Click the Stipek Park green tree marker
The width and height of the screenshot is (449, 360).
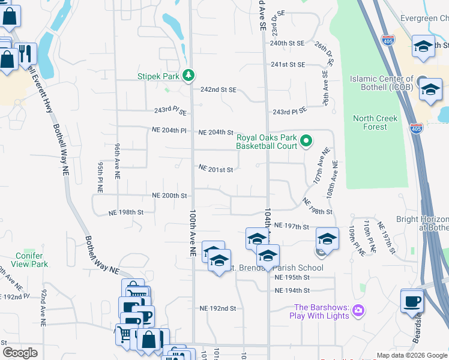pos(190,75)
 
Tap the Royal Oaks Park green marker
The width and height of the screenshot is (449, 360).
pos(306,142)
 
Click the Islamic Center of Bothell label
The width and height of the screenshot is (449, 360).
pos(381,83)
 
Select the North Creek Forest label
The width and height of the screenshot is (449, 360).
pos(375,122)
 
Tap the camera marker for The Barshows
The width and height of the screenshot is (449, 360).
pos(358,310)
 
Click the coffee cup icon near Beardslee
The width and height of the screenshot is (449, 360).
pos(412,302)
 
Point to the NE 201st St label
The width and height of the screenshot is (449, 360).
pos(215,169)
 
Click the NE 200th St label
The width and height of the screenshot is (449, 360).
pos(170,196)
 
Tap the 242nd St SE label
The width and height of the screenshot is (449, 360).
pos(218,89)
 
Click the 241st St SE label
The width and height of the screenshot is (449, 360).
pos(288,64)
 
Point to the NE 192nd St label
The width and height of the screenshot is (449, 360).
pos(218,308)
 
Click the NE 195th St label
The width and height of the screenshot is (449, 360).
pos(292,278)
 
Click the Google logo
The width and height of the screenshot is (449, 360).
pos(20,353)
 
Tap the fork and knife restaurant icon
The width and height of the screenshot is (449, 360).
pos(25,53)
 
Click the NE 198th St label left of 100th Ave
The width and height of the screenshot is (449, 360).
pos(126,212)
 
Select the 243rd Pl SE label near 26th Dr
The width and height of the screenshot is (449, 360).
pos(289,112)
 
